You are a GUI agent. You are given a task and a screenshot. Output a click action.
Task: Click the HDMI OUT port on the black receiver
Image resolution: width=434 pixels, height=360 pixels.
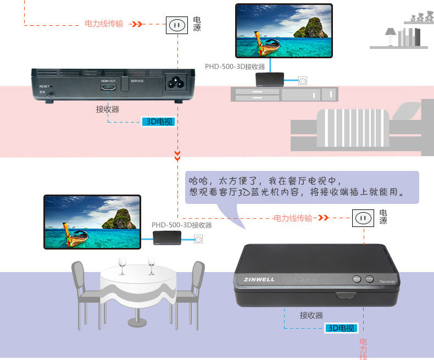pyautogui.click(x=108, y=88)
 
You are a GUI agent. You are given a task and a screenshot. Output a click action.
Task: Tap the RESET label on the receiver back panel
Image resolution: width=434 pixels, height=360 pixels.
pyautogui.click(x=44, y=87)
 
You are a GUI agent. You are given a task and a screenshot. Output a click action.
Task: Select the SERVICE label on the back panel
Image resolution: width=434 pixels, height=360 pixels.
pyautogui.click(x=137, y=81)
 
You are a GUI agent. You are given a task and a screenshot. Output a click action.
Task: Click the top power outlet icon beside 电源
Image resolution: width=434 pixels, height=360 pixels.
pyautogui.click(x=177, y=25)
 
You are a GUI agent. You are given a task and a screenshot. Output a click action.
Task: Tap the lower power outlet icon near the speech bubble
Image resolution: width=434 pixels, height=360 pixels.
pyautogui.click(x=362, y=218)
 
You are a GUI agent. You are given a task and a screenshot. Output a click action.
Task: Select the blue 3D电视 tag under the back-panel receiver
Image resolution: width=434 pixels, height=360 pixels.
pyautogui.click(x=158, y=121)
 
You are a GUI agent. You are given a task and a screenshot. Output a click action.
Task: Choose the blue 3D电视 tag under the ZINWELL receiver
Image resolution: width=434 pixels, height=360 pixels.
pyautogui.click(x=341, y=328)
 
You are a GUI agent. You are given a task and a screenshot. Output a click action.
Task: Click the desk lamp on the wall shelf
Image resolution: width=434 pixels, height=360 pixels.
pyautogui.click(x=391, y=36)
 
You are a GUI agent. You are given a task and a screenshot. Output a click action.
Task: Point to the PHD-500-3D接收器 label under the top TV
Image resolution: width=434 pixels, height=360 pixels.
pyautogui.click(x=235, y=67)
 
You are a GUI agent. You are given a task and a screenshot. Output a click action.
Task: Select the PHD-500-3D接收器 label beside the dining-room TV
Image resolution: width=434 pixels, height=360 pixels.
pyautogui.click(x=181, y=225)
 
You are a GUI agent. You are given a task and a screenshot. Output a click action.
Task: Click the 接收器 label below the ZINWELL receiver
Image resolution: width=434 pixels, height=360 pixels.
pyautogui.click(x=311, y=315)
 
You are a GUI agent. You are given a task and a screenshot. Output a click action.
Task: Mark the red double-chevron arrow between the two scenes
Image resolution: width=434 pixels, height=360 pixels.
pyautogui.click(x=177, y=157)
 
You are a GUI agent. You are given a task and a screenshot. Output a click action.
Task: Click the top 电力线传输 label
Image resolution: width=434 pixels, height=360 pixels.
pyautogui.click(x=104, y=24)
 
